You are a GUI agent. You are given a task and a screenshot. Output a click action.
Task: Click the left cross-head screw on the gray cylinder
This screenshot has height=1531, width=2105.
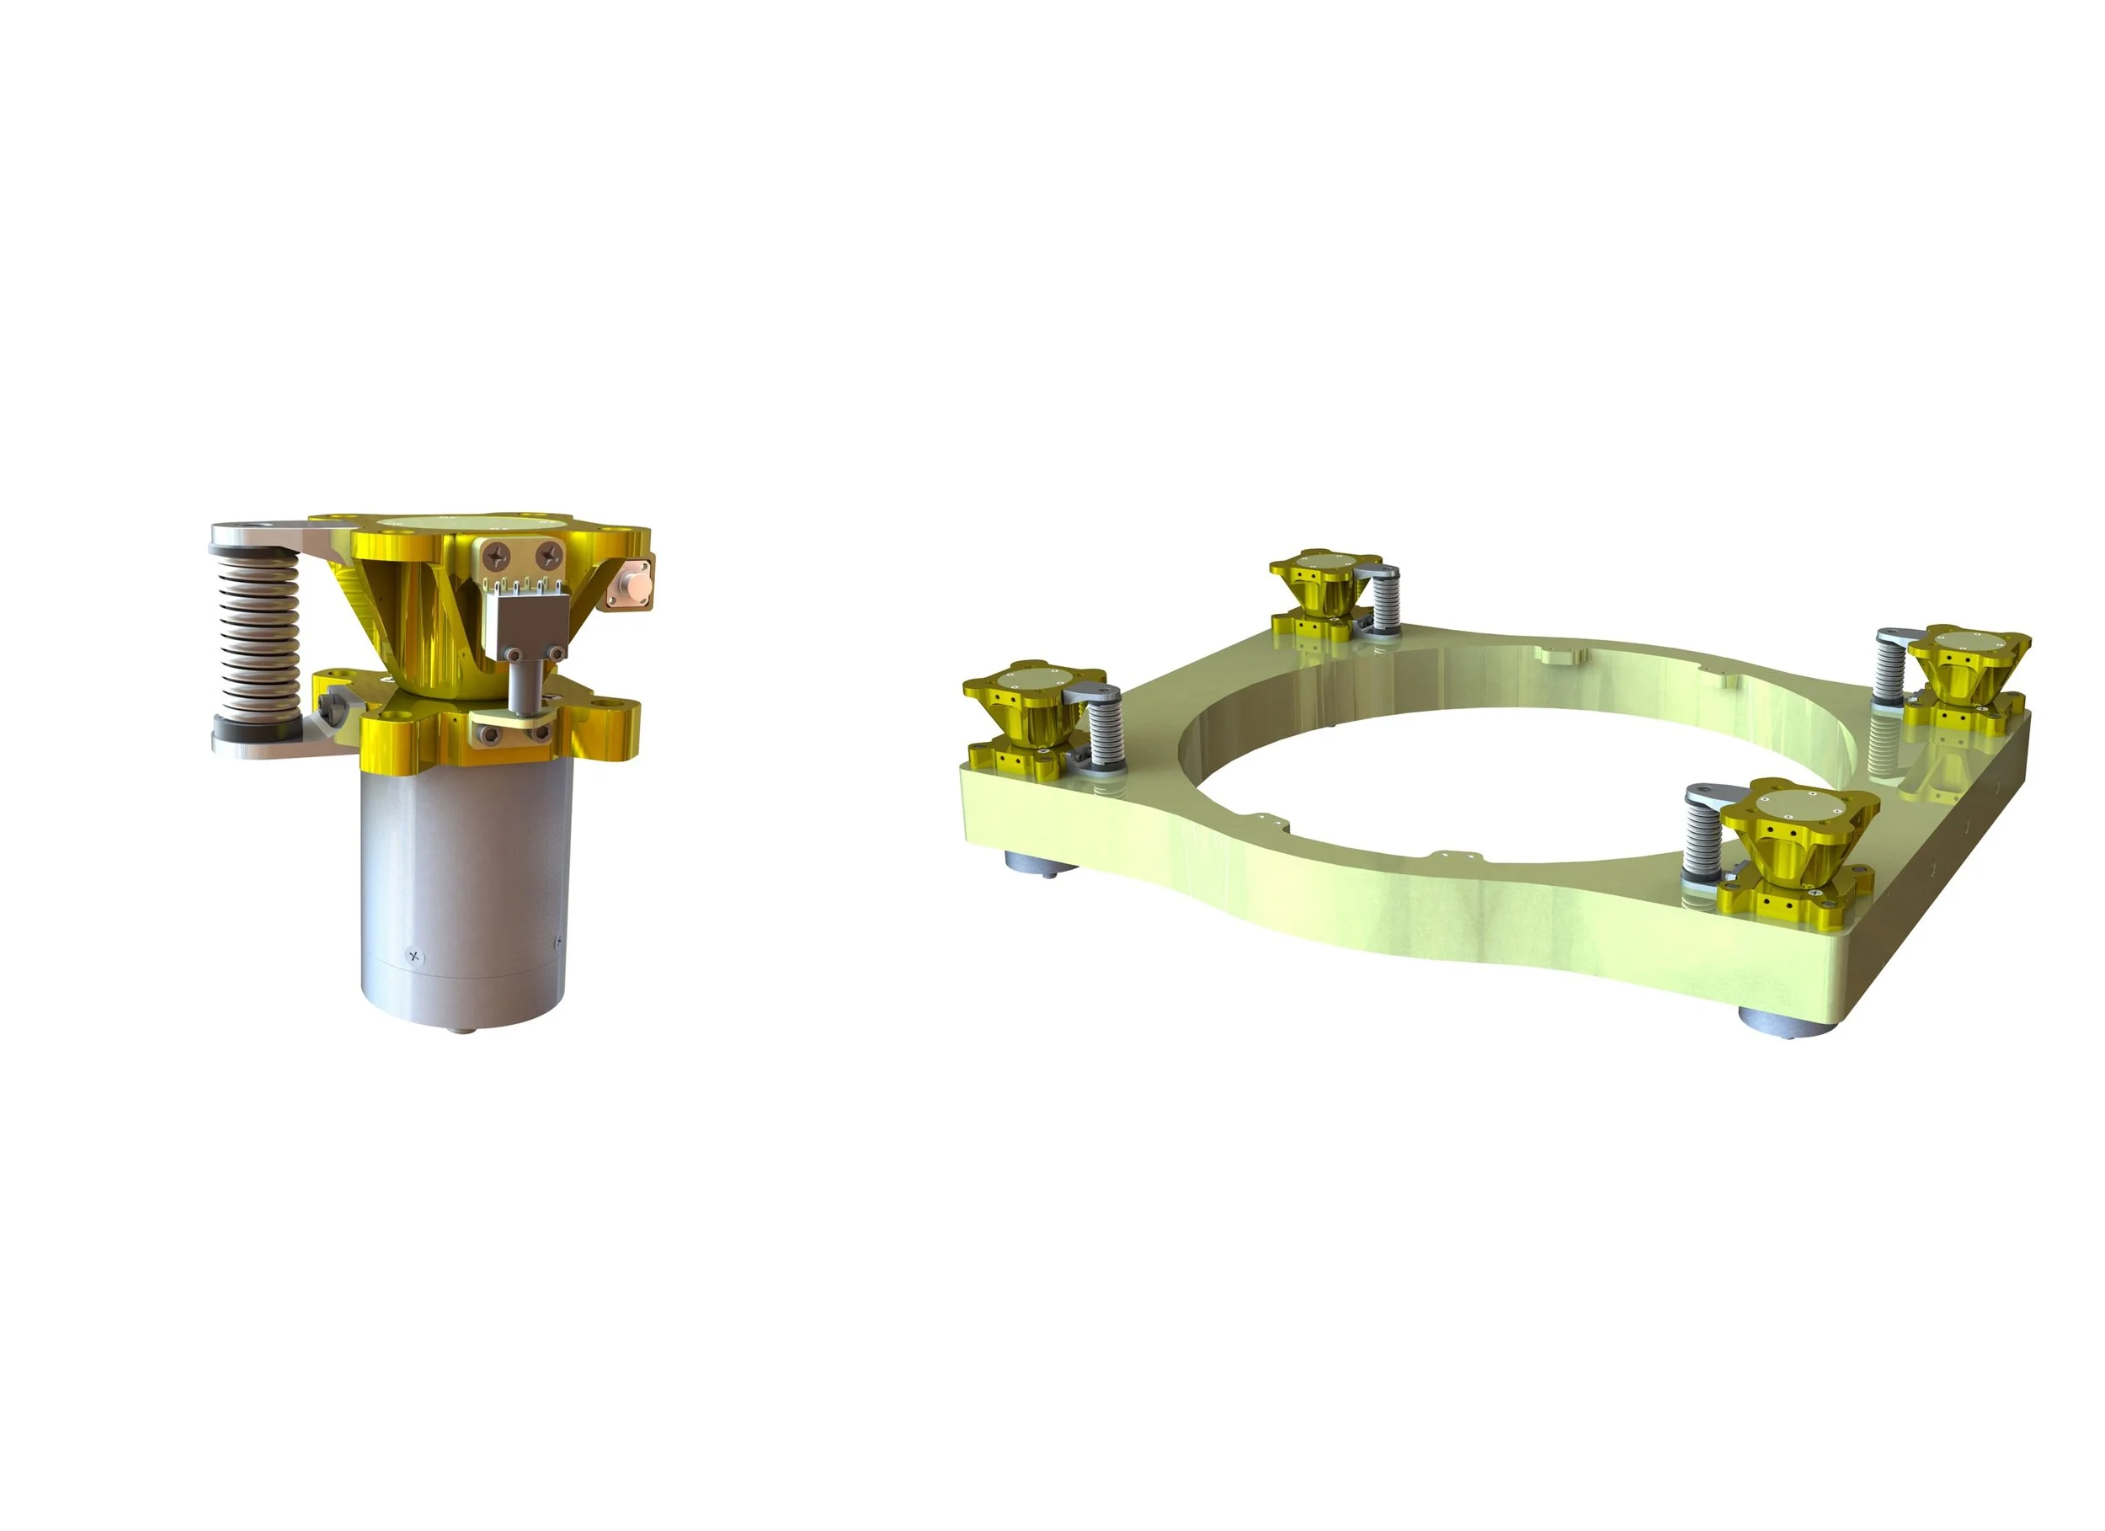point(415,955)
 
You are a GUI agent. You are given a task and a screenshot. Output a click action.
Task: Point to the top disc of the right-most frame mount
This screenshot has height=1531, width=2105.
point(1968,640)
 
